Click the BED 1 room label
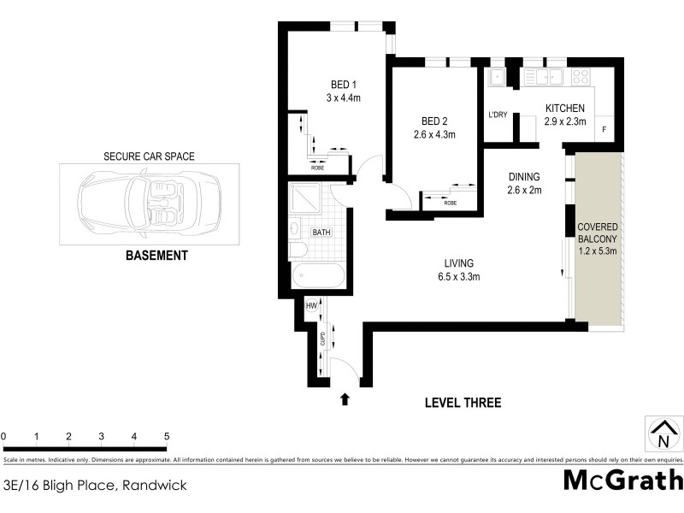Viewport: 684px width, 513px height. pyautogui.click(x=344, y=84)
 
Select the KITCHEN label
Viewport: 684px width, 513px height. pyautogui.click(x=564, y=109)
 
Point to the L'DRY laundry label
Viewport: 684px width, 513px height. pyautogui.click(x=498, y=114)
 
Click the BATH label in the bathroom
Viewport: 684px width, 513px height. pyautogui.click(x=321, y=232)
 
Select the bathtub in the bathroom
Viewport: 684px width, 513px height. pyautogui.click(x=317, y=277)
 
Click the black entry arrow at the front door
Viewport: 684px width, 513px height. pyautogui.click(x=345, y=398)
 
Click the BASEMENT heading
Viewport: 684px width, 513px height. pyautogui.click(x=156, y=255)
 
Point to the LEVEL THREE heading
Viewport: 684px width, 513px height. pyautogui.click(x=463, y=403)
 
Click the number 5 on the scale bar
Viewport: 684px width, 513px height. pyautogui.click(x=166, y=436)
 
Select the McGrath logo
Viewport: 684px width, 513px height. pyautogui.click(x=622, y=480)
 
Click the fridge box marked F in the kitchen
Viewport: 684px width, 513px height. pyautogui.click(x=604, y=130)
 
